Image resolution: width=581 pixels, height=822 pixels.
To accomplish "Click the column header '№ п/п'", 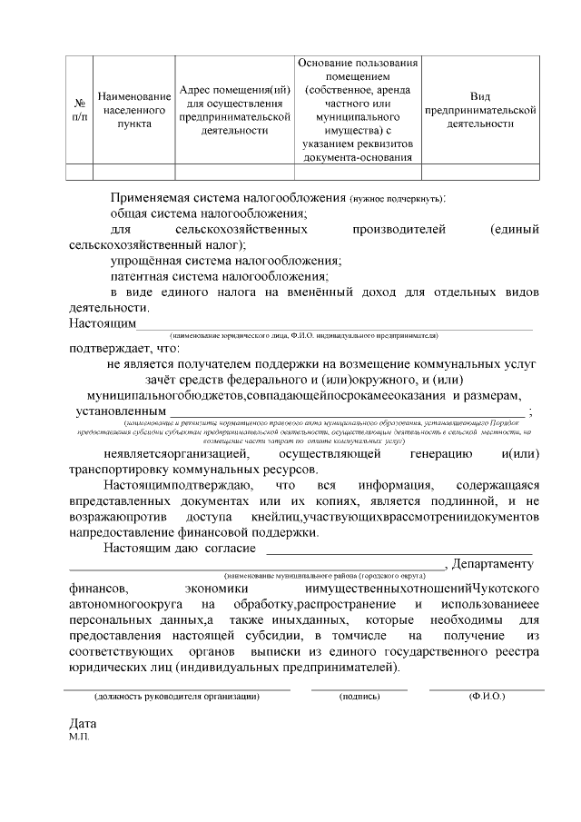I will coord(80,110).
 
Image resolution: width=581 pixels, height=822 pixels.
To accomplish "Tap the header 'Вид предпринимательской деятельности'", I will coord(480,110).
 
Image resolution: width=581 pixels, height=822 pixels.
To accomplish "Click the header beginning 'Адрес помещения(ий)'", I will coord(235,110).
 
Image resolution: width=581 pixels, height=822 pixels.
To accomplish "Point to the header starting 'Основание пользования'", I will coord(358,110).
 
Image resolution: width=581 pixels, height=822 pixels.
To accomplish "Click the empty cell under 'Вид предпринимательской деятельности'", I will coord(480,172).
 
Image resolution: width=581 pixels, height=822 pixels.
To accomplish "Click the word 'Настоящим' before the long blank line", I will coord(103,322).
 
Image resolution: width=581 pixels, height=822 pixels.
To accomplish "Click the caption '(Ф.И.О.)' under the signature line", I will coord(487,697).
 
